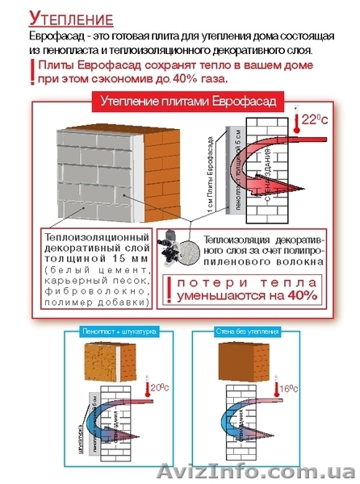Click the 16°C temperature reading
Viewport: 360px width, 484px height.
[x=288, y=389]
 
